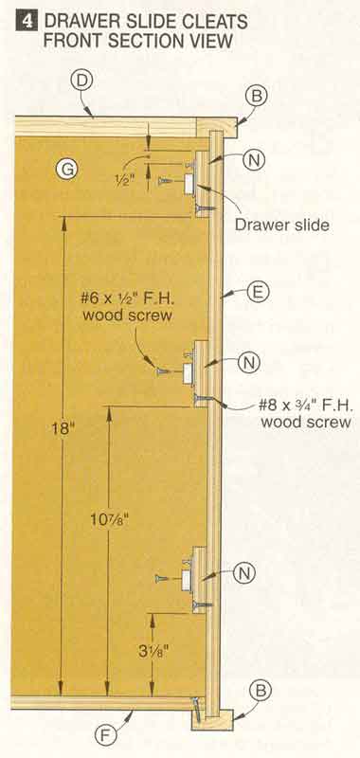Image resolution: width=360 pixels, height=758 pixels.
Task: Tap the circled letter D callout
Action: pos(81,81)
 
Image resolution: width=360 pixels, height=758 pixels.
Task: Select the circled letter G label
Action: pos(66,170)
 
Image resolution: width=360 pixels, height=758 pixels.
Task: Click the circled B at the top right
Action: pos(257,97)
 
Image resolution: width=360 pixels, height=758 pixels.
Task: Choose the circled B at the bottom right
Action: pos(261,692)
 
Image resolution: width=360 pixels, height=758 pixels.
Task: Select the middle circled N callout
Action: pos(249,363)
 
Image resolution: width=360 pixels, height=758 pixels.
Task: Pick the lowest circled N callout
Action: pos(244,573)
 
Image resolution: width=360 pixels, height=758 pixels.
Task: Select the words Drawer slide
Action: pos(282,225)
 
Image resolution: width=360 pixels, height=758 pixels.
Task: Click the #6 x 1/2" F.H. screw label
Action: pos(128,306)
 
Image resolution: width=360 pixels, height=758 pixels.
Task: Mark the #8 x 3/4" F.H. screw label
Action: pos(305,413)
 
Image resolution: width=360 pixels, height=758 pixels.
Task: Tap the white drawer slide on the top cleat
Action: pos(189,184)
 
